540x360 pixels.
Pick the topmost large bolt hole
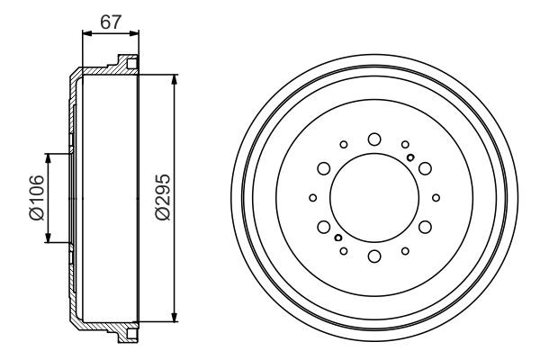[x=373, y=138]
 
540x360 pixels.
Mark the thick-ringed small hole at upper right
[x=410, y=158]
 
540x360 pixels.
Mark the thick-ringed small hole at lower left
[x=337, y=238]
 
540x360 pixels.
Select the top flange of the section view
[x=127, y=65]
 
